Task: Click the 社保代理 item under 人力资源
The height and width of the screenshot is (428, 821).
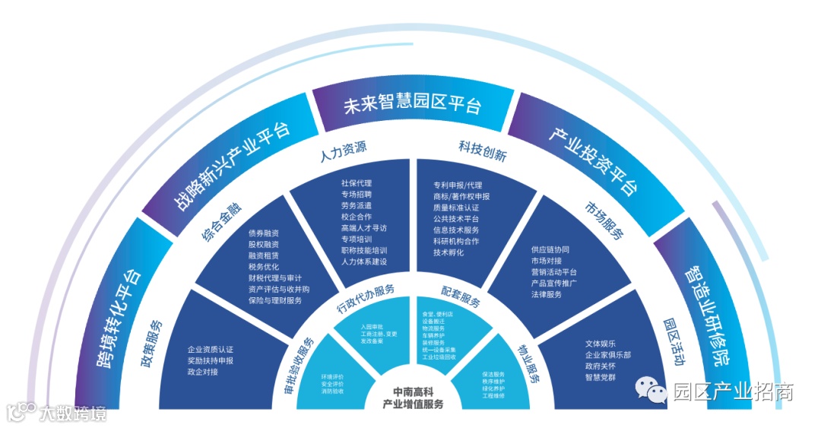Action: pos(357,183)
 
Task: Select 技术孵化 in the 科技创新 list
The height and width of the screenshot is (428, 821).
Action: pos(449,253)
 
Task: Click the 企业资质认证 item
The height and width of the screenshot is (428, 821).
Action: pos(211,350)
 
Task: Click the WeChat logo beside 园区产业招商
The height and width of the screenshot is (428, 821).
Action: pos(653,391)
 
